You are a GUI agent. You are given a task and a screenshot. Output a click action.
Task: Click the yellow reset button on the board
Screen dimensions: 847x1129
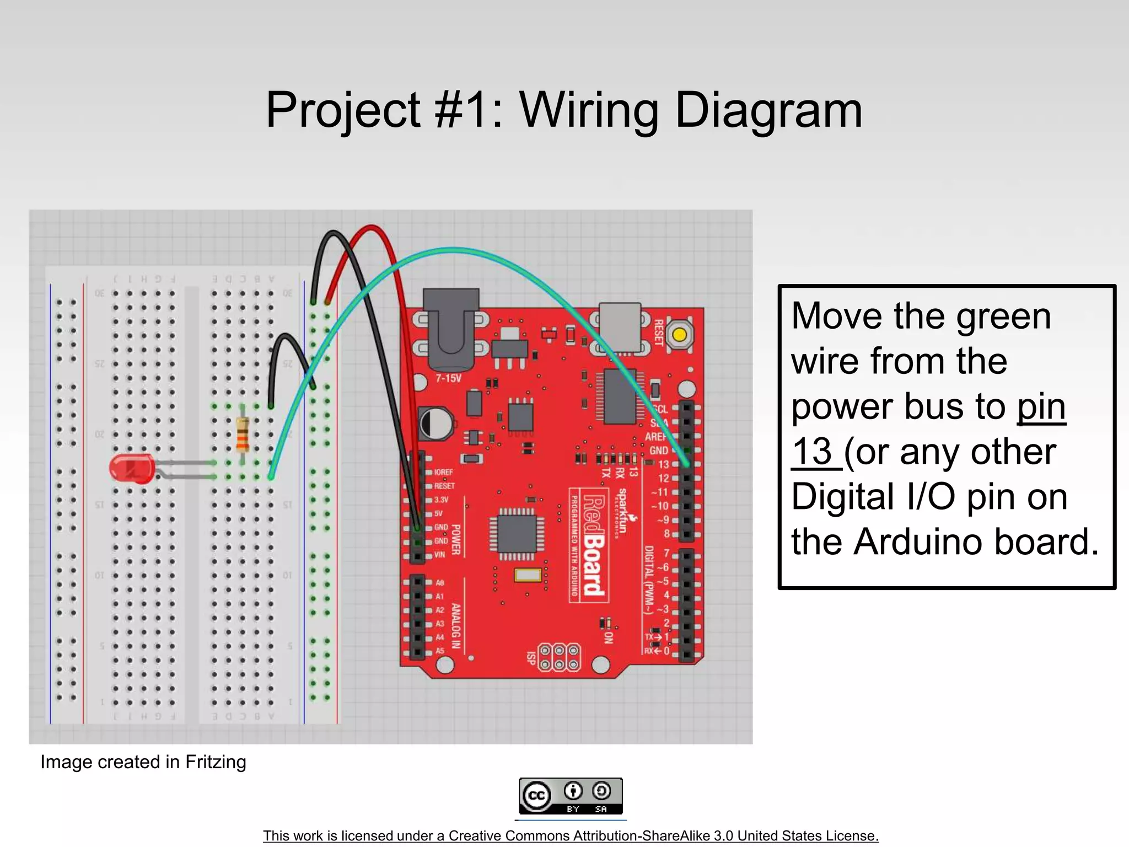point(680,335)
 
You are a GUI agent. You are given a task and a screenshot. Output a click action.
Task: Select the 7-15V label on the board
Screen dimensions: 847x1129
point(448,378)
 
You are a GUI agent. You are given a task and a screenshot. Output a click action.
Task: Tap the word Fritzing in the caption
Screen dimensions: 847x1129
point(216,762)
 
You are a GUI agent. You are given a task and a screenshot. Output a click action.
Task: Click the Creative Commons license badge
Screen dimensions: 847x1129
point(571,796)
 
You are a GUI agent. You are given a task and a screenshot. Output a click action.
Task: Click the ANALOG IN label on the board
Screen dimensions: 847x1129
point(456,625)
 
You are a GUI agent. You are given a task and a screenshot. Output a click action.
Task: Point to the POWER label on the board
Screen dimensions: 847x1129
point(456,539)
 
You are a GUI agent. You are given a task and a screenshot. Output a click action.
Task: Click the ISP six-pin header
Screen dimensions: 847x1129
point(559,657)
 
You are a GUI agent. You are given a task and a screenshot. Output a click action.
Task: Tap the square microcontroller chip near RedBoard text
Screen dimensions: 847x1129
point(517,533)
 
